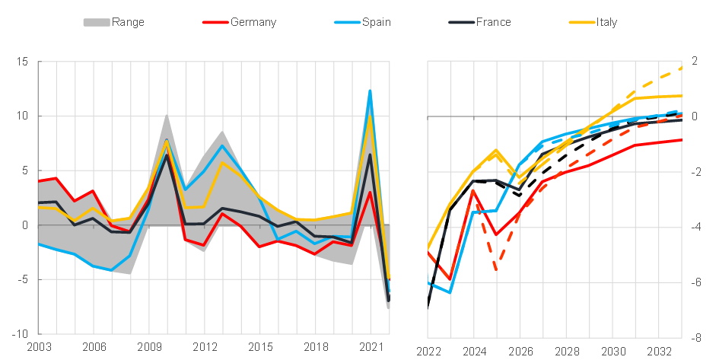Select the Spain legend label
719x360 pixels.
click(376, 22)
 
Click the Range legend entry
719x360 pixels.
click(127, 22)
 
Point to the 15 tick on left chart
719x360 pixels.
click(23, 62)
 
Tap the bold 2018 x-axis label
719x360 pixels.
click(316, 348)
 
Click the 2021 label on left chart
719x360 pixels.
click(371, 348)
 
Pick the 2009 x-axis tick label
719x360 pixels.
click(149, 348)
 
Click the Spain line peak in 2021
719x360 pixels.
click(371, 91)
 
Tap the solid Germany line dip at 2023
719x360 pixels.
click(451, 279)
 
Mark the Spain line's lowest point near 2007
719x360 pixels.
click(112, 271)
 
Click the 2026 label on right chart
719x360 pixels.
click(520, 352)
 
